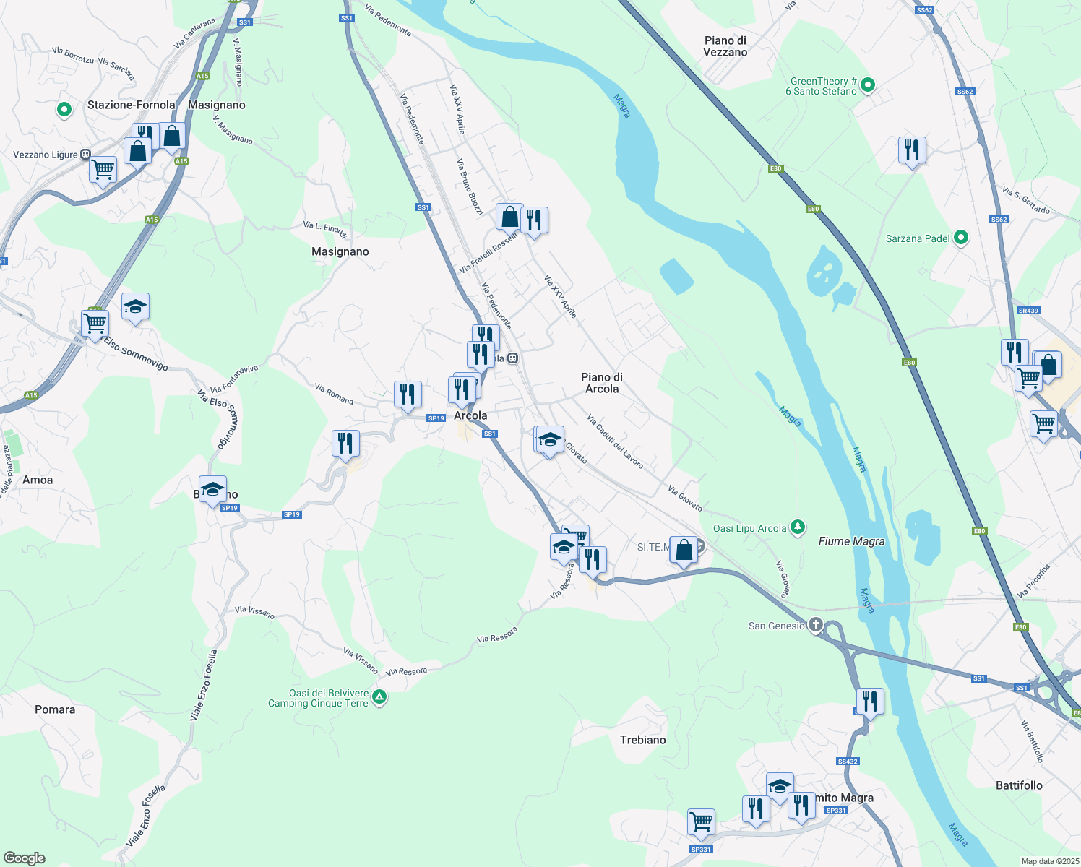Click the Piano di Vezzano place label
[x=725, y=46]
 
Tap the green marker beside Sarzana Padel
[x=960, y=237]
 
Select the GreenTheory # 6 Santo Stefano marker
[x=868, y=85]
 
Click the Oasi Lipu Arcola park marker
[x=797, y=527]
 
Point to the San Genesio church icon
[x=815, y=625]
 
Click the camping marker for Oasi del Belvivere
[x=379, y=697]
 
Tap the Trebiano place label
[x=642, y=740]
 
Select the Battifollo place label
[x=1019, y=785]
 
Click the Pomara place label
[x=55, y=709]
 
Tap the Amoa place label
[x=38, y=480]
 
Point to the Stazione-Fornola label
[x=131, y=105]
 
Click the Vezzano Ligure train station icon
[x=85, y=155]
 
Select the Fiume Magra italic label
[x=851, y=541]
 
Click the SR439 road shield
[x=1028, y=311]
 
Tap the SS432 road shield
[x=848, y=762]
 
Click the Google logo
[x=25, y=858]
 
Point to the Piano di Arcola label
[x=602, y=383]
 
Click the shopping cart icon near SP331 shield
[x=701, y=821]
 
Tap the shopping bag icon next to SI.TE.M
[x=684, y=550]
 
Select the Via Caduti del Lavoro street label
[x=615, y=441]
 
